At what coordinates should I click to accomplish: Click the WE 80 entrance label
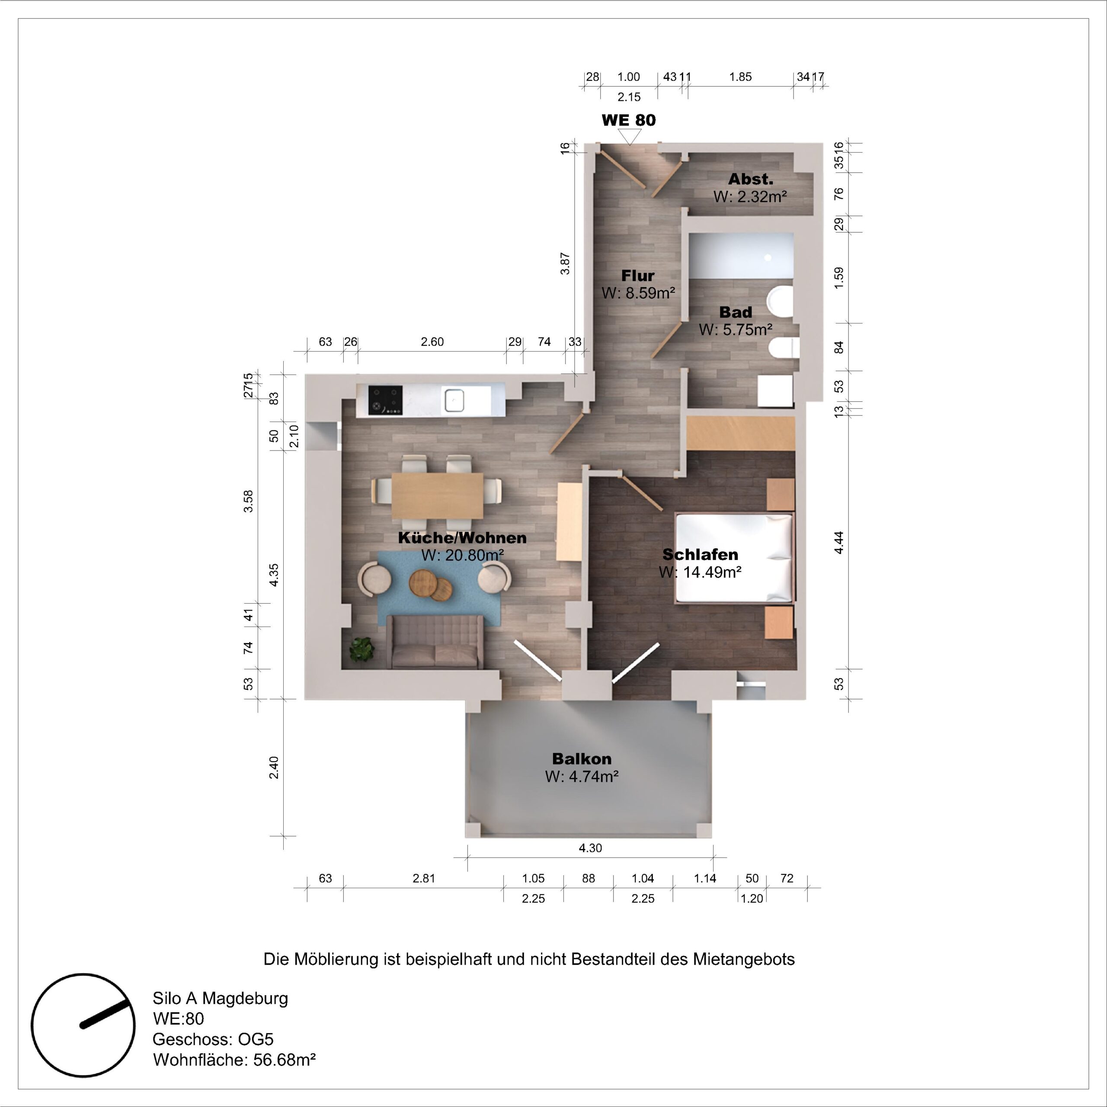point(629,120)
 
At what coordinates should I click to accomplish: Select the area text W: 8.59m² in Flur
point(638,293)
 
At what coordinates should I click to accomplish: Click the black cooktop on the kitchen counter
point(385,400)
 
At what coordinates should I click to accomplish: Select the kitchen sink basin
point(453,400)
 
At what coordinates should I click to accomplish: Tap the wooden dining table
point(437,496)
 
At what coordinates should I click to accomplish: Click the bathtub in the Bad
point(741,256)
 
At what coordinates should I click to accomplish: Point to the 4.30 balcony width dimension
point(590,848)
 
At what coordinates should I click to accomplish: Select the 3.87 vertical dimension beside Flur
point(565,264)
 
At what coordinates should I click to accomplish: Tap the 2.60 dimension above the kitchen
point(432,342)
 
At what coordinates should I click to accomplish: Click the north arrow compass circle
point(83,1025)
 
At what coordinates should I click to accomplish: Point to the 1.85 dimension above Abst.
point(740,77)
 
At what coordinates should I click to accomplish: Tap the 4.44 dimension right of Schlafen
point(838,543)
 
